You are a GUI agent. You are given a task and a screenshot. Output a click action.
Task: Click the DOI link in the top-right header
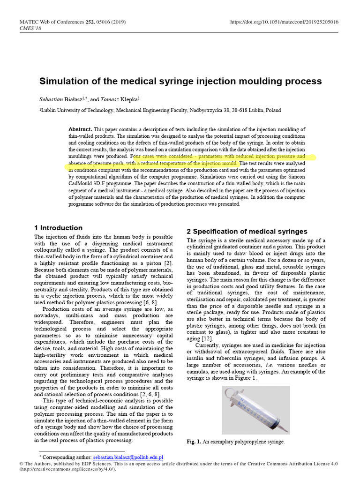click(285, 22)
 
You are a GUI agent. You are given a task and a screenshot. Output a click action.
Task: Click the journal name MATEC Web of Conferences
click(50, 22)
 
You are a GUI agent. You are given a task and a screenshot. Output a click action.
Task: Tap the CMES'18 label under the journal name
click(30, 28)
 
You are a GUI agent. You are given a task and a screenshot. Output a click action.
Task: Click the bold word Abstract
click(80, 129)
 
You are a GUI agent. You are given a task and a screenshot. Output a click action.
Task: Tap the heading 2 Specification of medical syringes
click(247, 232)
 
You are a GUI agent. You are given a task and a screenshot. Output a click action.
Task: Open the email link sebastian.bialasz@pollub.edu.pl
click(128, 457)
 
